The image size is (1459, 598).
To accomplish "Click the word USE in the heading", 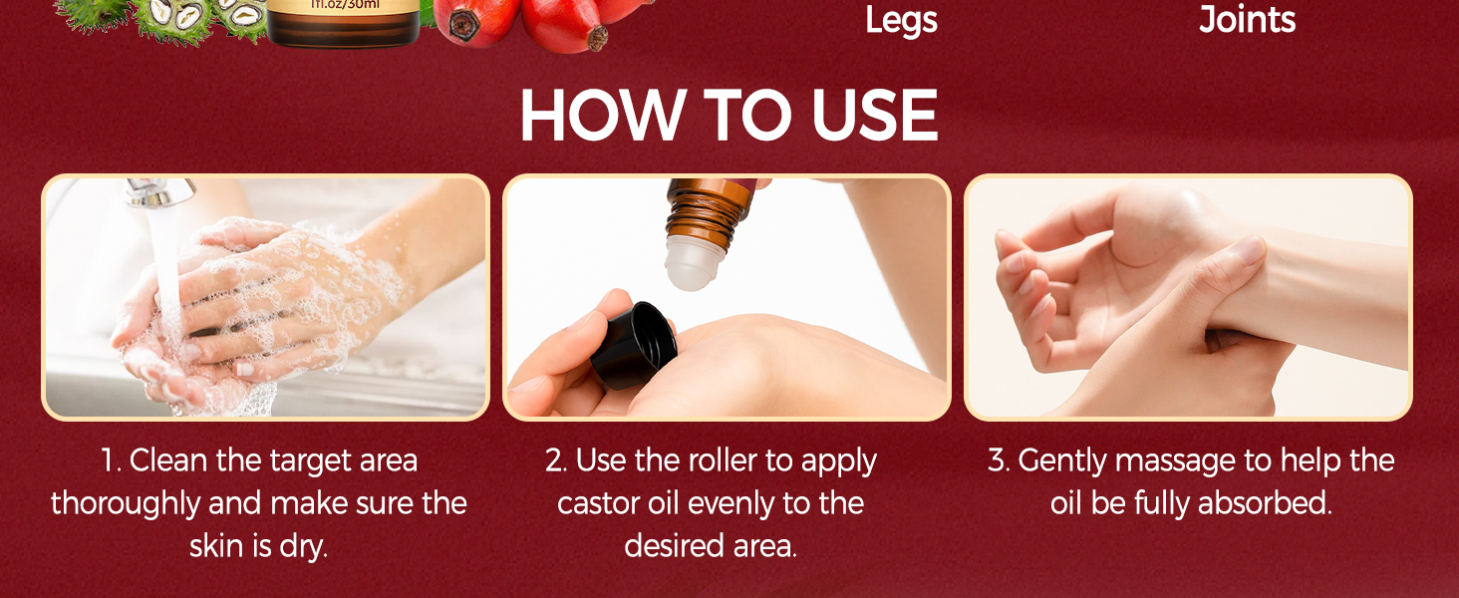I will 874,116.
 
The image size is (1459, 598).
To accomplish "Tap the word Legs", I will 901,20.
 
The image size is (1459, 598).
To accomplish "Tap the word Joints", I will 1247,20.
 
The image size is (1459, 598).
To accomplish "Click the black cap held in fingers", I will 638,344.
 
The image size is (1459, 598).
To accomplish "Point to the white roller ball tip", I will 694,267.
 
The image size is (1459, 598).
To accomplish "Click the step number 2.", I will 555,461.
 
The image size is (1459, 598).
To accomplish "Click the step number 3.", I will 998,461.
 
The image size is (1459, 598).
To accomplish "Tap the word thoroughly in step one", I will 126,503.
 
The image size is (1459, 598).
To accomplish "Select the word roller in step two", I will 732,461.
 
